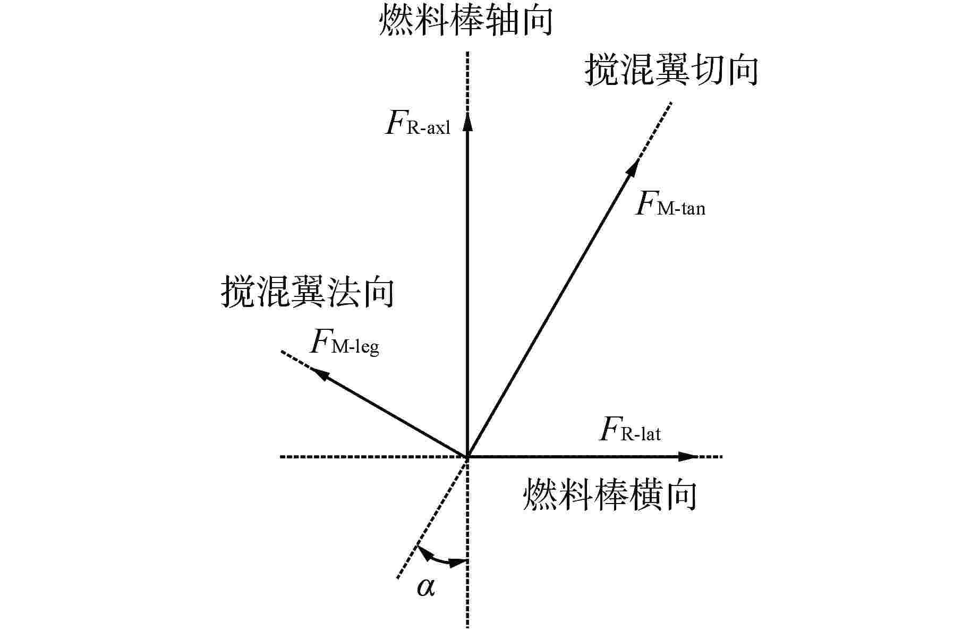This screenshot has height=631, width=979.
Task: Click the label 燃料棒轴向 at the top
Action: click(x=466, y=21)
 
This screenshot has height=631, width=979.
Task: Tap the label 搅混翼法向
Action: click(x=308, y=292)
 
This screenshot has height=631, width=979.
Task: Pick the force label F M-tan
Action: click(x=670, y=204)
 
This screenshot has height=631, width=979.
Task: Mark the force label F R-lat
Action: click(x=630, y=431)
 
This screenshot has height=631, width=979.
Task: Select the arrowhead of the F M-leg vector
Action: click(x=320, y=374)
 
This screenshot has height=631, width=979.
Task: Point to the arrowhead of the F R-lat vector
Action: click(x=688, y=456)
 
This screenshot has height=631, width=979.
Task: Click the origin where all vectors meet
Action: click(x=467, y=456)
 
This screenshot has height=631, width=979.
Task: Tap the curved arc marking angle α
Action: click(x=440, y=559)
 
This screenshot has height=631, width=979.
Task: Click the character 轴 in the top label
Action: click(x=500, y=21)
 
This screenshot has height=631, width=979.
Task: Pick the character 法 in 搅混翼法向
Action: click(x=343, y=292)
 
